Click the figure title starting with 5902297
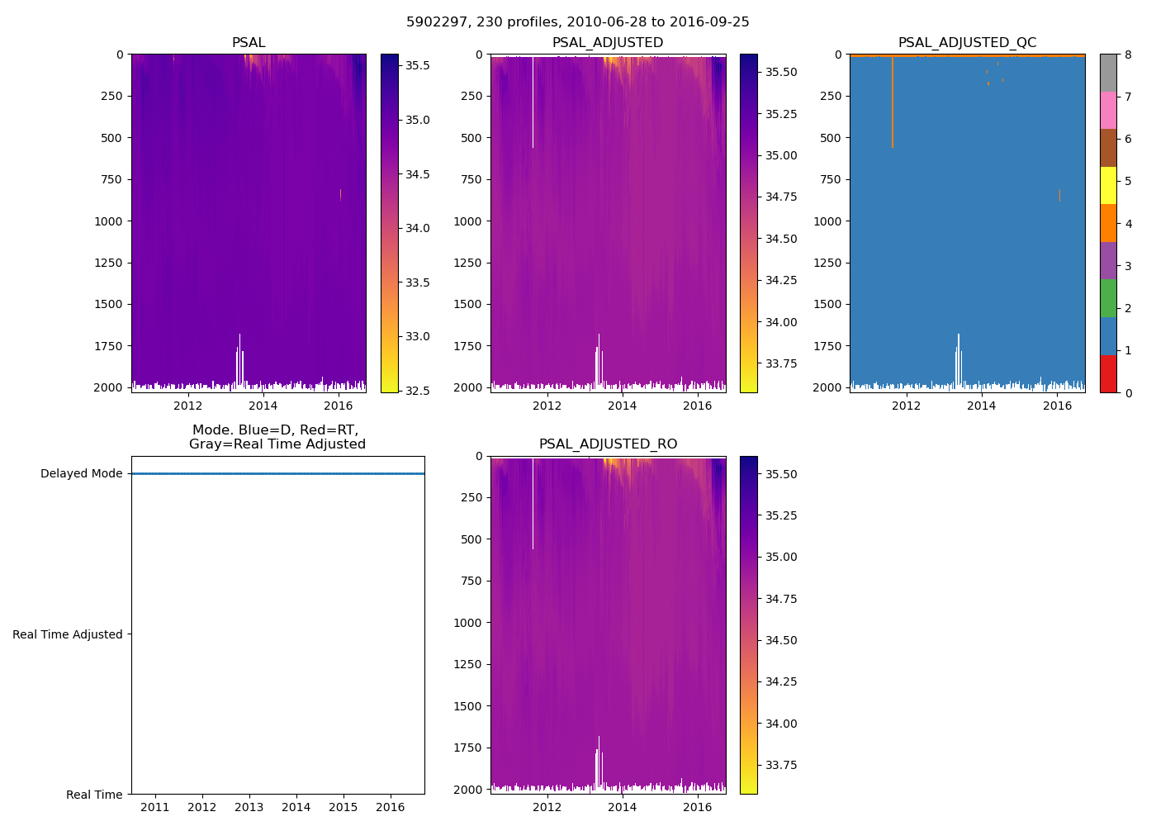coord(577,22)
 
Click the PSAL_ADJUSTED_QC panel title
coord(967,43)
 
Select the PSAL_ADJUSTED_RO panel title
coord(608,444)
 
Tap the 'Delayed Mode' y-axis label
coord(81,474)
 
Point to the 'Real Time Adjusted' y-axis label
coord(68,634)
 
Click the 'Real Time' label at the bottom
coord(94,795)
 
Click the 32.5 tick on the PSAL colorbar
coord(418,391)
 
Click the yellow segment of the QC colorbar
coord(1108,185)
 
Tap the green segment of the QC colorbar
coord(1108,298)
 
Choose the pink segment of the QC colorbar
coord(1108,110)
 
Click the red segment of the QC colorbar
coord(1108,373)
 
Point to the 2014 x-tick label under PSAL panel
coord(263,406)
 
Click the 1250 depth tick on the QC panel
coord(827,263)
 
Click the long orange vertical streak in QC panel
coord(893,103)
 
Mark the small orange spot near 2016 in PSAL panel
coord(340,194)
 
